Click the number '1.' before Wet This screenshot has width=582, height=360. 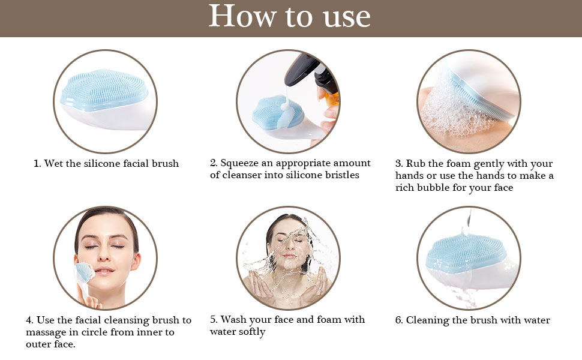(x=37, y=163)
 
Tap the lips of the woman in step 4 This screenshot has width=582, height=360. (x=103, y=271)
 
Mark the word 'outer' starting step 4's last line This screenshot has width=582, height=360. (x=38, y=344)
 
